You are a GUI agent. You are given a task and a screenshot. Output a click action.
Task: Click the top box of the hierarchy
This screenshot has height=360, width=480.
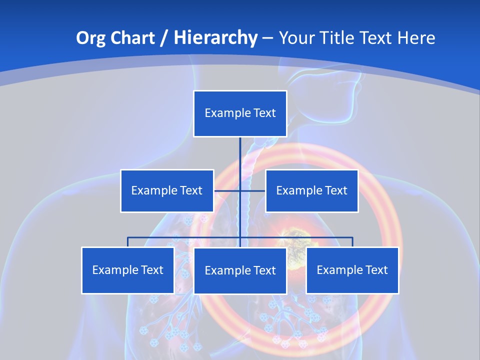click(x=240, y=113)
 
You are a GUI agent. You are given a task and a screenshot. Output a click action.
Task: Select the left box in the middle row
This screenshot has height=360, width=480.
click(x=167, y=190)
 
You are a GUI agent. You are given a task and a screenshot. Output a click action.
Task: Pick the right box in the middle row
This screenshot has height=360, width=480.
click(x=311, y=190)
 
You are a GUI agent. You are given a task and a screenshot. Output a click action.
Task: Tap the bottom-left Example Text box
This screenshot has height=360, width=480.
click(x=127, y=270)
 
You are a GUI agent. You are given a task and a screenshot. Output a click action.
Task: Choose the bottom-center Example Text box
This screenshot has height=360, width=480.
click(x=240, y=270)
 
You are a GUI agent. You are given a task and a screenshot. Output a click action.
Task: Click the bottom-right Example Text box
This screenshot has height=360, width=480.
click(x=352, y=270)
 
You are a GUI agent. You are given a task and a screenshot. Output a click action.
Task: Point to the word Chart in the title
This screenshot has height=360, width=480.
click(x=132, y=38)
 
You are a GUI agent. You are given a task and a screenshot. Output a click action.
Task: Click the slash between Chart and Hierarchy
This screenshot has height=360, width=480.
click(x=163, y=38)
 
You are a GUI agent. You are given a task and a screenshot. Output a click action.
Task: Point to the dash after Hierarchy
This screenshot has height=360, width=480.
click(x=267, y=38)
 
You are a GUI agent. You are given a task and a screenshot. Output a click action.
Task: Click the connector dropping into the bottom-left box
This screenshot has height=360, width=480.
click(x=127, y=242)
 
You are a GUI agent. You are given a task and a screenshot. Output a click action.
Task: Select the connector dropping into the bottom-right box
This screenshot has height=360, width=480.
click(x=352, y=242)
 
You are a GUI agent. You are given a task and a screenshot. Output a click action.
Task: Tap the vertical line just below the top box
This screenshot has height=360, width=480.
click(x=240, y=150)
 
